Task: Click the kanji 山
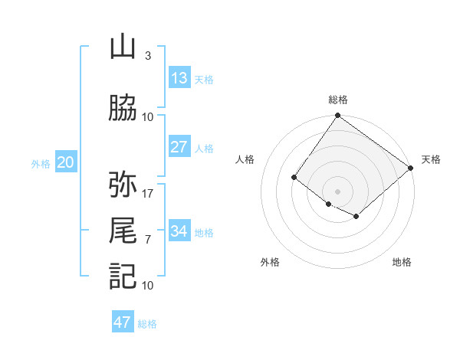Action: (123, 47)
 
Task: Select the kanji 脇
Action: (123, 109)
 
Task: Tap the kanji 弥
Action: (123, 185)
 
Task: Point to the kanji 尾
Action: (123, 231)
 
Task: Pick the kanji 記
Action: (123, 277)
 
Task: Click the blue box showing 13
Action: (179, 78)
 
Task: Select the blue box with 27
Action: (179, 147)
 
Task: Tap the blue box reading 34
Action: (179, 231)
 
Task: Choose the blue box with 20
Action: (66, 162)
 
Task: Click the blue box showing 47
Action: (123, 322)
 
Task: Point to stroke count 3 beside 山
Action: (147, 56)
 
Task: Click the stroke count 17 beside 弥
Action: (148, 193)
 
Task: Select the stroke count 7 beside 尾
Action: (147, 239)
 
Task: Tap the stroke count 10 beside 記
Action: (148, 285)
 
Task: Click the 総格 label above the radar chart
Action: (337, 100)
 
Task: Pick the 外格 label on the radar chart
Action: (270, 262)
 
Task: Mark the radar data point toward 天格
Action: (411, 168)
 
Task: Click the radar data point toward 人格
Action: (294, 178)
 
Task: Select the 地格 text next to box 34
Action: (204, 232)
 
